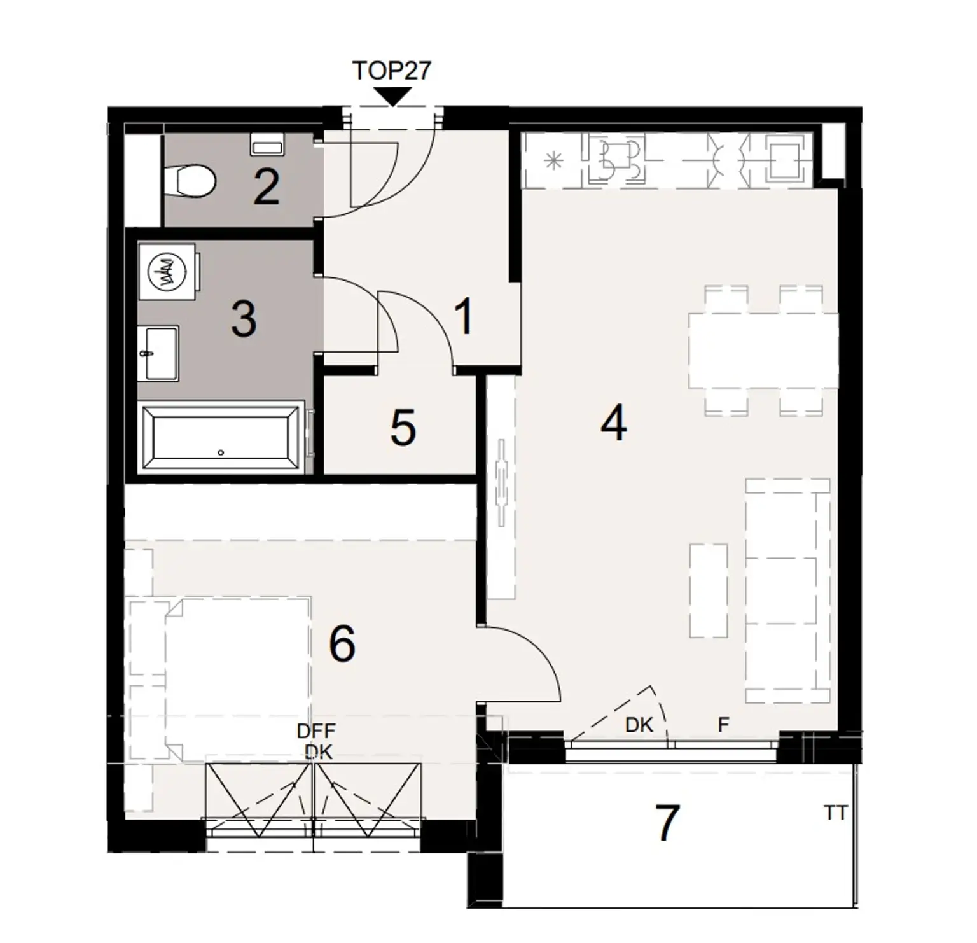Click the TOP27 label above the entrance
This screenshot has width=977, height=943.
pyautogui.click(x=391, y=70)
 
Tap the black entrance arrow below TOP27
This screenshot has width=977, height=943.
pyautogui.click(x=392, y=96)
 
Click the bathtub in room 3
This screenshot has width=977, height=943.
pyautogui.click(x=221, y=438)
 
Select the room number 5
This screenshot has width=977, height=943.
pyautogui.click(x=403, y=428)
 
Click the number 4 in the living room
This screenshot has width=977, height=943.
pyautogui.click(x=613, y=424)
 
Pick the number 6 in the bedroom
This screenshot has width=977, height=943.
pyautogui.click(x=342, y=644)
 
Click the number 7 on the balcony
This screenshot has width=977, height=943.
pyautogui.click(x=667, y=823)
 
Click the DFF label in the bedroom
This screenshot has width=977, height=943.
pyautogui.click(x=316, y=732)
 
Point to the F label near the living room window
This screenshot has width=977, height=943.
pyautogui.click(x=723, y=724)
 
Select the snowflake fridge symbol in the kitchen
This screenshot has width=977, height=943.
pyautogui.click(x=554, y=162)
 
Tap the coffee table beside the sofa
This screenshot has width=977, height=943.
pyautogui.click(x=709, y=590)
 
